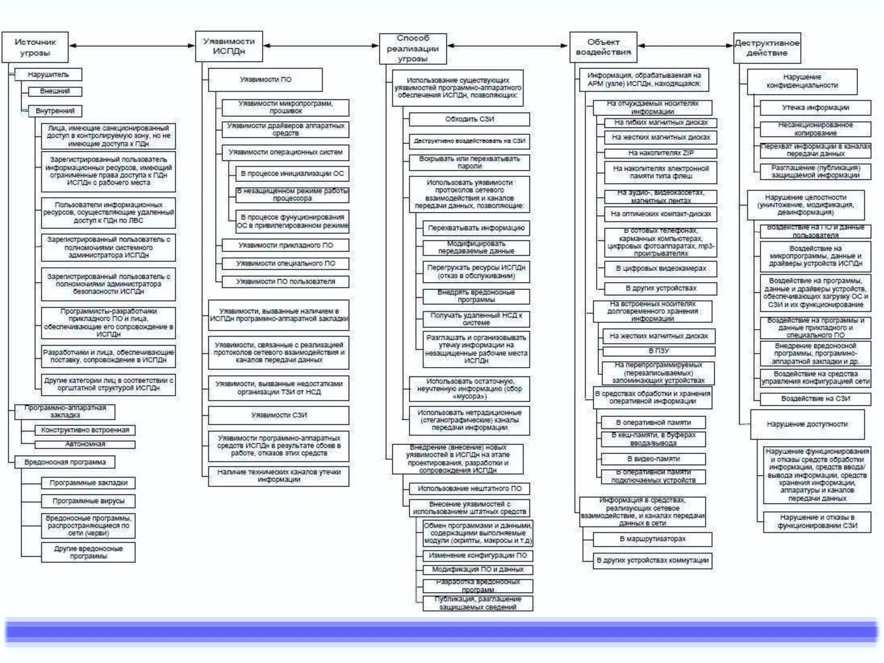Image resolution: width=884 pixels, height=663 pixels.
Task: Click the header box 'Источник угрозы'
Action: (35, 47)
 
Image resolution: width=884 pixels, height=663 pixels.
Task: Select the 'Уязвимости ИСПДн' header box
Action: (229, 46)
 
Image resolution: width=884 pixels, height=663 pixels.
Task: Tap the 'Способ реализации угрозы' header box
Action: (413, 48)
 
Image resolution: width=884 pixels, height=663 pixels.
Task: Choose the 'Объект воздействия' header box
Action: (603, 47)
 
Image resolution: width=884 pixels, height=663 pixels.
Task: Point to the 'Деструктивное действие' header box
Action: (767, 48)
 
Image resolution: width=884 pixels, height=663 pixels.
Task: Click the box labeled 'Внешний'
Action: (55, 91)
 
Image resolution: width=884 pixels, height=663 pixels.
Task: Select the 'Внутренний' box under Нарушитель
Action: (55, 111)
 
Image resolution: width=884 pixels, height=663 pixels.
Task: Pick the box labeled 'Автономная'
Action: (85, 444)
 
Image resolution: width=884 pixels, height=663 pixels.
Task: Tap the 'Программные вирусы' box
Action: (88, 501)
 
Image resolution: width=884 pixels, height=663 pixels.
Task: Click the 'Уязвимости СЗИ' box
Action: (279, 415)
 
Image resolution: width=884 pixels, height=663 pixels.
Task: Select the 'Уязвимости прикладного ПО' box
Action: (285, 245)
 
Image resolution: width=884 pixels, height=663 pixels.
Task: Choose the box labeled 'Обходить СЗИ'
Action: (469, 119)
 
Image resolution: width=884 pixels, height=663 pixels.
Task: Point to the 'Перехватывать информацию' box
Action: (476, 228)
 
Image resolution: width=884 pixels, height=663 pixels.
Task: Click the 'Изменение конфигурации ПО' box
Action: (478, 556)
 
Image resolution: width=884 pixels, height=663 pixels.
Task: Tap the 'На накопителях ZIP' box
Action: (660, 153)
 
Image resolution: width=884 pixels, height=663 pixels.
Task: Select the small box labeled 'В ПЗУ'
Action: (659, 351)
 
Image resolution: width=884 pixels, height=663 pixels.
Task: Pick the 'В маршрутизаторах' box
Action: (652, 539)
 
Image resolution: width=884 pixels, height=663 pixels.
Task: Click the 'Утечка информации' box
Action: (815, 107)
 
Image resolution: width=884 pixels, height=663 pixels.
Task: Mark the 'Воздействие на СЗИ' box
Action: (815, 399)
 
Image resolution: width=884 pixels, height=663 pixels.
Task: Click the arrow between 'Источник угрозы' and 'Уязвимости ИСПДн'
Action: (132, 45)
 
